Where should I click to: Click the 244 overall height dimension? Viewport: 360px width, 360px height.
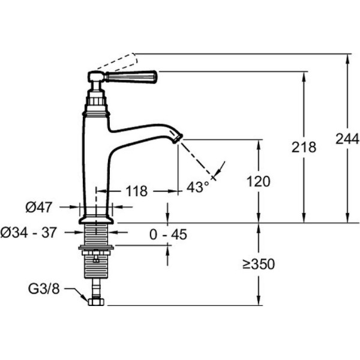click(x=347, y=139)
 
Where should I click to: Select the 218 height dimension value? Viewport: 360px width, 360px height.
click(x=304, y=147)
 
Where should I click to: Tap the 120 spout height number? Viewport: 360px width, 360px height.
click(x=258, y=182)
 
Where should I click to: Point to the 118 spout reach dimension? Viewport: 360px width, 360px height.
click(x=137, y=191)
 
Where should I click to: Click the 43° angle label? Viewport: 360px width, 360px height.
click(x=197, y=187)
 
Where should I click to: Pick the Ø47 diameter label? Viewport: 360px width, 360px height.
click(x=39, y=207)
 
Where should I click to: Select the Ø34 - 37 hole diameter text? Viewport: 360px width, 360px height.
click(x=28, y=233)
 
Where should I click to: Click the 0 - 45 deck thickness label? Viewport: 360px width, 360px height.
click(x=168, y=235)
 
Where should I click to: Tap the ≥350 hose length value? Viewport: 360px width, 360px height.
click(x=259, y=264)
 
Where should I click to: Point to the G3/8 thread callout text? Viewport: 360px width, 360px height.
click(x=44, y=289)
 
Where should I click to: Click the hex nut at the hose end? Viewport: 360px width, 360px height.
click(x=96, y=301)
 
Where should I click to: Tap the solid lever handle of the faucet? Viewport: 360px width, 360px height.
click(x=131, y=76)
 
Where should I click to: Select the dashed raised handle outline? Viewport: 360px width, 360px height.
click(x=118, y=61)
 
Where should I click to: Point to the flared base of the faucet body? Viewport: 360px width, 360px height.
click(x=96, y=220)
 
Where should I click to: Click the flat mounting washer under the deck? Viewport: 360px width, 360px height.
click(x=96, y=247)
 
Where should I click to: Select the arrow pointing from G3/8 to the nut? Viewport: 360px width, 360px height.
click(x=76, y=294)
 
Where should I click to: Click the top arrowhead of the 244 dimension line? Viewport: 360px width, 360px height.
click(x=347, y=58)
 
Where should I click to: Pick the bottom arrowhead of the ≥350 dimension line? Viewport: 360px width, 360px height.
click(x=259, y=301)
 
